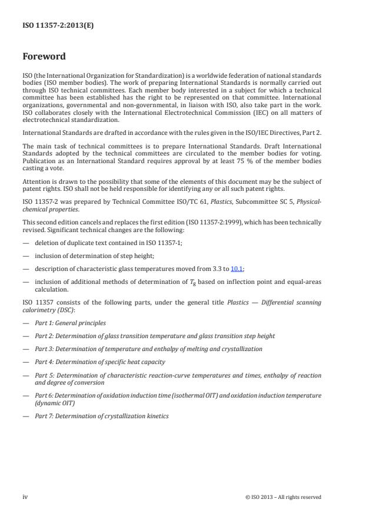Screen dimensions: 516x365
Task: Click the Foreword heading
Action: click(x=44, y=57)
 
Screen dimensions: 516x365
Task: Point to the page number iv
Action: click(x=26, y=497)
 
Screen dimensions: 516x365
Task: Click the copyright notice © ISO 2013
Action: click(x=283, y=497)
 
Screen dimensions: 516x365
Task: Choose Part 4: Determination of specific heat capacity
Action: click(x=99, y=362)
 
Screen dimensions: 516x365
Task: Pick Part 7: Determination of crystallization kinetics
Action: click(x=101, y=416)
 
